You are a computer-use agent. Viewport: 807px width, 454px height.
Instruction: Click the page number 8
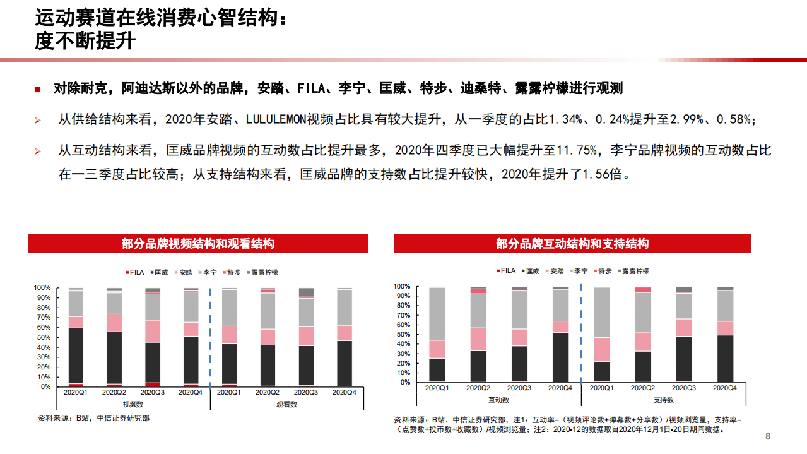coord(768,436)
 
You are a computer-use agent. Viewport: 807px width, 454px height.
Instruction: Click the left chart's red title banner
coord(197,244)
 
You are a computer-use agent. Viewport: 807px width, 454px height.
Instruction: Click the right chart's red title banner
coord(572,244)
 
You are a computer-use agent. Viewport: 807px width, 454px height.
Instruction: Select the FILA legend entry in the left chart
coord(134,273)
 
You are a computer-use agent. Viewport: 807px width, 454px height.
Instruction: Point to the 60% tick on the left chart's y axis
coord(42,328)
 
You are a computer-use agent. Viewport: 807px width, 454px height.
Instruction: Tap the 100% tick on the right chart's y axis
coord(401,286)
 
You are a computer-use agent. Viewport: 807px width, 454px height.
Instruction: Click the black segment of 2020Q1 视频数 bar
coord(76,355)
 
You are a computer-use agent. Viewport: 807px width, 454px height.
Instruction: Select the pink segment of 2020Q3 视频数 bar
coord(153,331)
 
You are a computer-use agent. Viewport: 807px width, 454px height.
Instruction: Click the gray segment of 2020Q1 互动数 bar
coord(437,313)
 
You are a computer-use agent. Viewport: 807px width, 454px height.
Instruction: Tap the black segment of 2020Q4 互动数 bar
coord(561,357)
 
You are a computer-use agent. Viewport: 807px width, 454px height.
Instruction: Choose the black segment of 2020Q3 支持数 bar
coord(684,359)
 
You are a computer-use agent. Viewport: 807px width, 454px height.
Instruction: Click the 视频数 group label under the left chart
coord(133,403)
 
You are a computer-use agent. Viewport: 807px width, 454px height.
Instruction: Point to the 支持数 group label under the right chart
coord(663,400)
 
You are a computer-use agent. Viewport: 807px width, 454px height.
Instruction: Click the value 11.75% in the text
coord(576,150)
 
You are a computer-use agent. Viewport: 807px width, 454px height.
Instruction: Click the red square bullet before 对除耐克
coord(38,89)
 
